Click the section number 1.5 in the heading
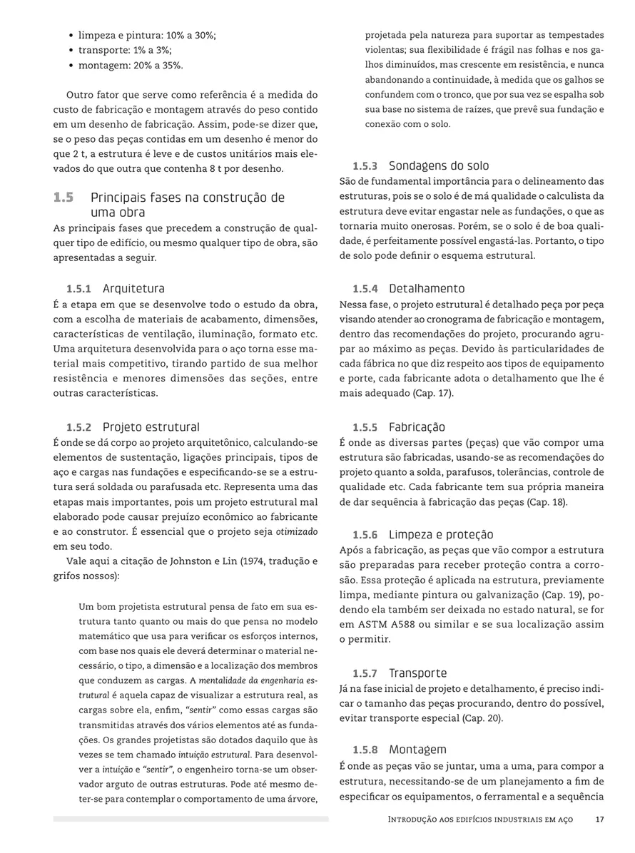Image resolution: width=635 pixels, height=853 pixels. [x=63, y=198]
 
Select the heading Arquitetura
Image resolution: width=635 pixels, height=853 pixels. [x=133, y=289]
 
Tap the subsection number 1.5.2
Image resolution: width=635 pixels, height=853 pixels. [x=79, y=428]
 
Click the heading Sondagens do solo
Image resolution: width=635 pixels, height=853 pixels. [x=439, y=166]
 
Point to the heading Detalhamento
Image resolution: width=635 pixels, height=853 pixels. [x=427, y=289]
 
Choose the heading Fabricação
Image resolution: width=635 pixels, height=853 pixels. [x=417, y=428]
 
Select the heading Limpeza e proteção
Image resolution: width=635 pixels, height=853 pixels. [x=440, y=535]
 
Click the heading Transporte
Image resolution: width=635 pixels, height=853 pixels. [x=417, y=673]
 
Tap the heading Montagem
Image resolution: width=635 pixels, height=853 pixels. [x=417, y=750]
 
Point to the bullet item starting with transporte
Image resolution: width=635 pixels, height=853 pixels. [x=125, y=50]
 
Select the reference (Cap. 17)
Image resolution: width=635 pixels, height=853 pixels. [x=433, y=393]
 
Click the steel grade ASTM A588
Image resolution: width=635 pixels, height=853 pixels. [x=382, y=625]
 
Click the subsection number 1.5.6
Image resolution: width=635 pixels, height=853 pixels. [x=365, y=535]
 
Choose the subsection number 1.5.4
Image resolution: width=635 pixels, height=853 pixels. [x=365, y=289]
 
